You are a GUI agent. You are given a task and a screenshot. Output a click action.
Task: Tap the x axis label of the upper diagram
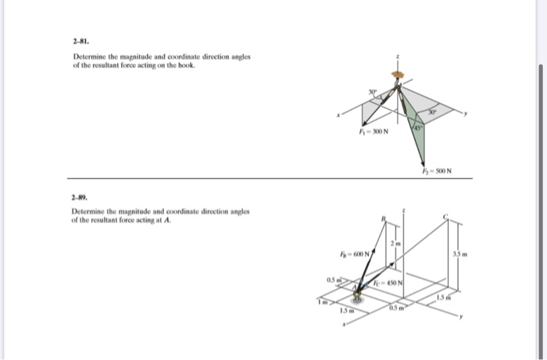pos(338,116)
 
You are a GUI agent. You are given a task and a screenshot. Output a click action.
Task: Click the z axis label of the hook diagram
pos(400,57)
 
